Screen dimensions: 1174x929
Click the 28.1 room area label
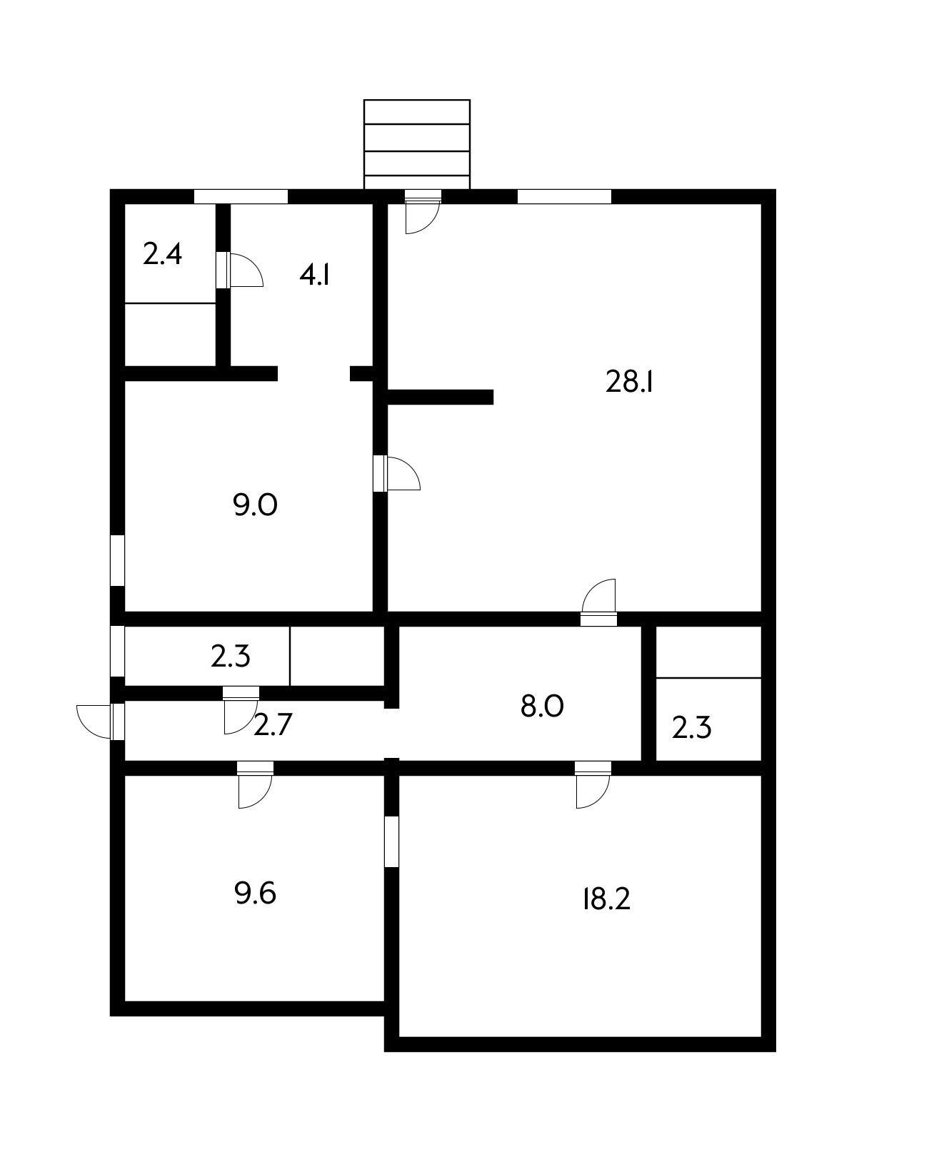[629, 383]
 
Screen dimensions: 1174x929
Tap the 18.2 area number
[606, 899]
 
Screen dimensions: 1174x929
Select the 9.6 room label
[255, 893]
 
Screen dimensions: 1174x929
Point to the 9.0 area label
[255, 505]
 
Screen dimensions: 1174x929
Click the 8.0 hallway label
[542, 707]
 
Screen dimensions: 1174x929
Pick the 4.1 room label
[314, 275]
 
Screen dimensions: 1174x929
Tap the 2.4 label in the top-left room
[163, 254]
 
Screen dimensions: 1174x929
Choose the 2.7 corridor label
[273, 725]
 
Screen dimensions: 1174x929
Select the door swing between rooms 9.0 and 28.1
[401, 475]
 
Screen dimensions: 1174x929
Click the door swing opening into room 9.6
[254, 791]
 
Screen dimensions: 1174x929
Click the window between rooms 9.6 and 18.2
[391, 841]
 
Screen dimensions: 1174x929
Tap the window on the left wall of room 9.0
[118, 560]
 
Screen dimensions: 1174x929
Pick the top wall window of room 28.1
[564, 196]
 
